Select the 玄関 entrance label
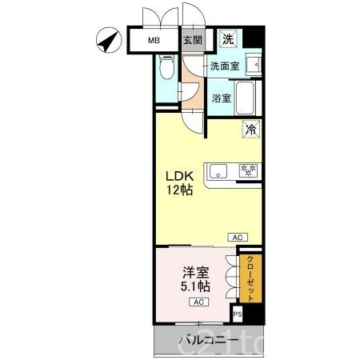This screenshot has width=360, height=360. (x=192, y=41)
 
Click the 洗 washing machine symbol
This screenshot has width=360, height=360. (x=229, y=39)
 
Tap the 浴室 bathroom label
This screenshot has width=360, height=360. (x=222, y=98)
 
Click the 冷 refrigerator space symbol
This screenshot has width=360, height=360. (x=251, y=129)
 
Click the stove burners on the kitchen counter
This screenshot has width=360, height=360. (x=246, y=170)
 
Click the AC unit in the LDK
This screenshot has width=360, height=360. (x=238, y=237)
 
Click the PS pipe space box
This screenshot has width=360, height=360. (x=238, y=314)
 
